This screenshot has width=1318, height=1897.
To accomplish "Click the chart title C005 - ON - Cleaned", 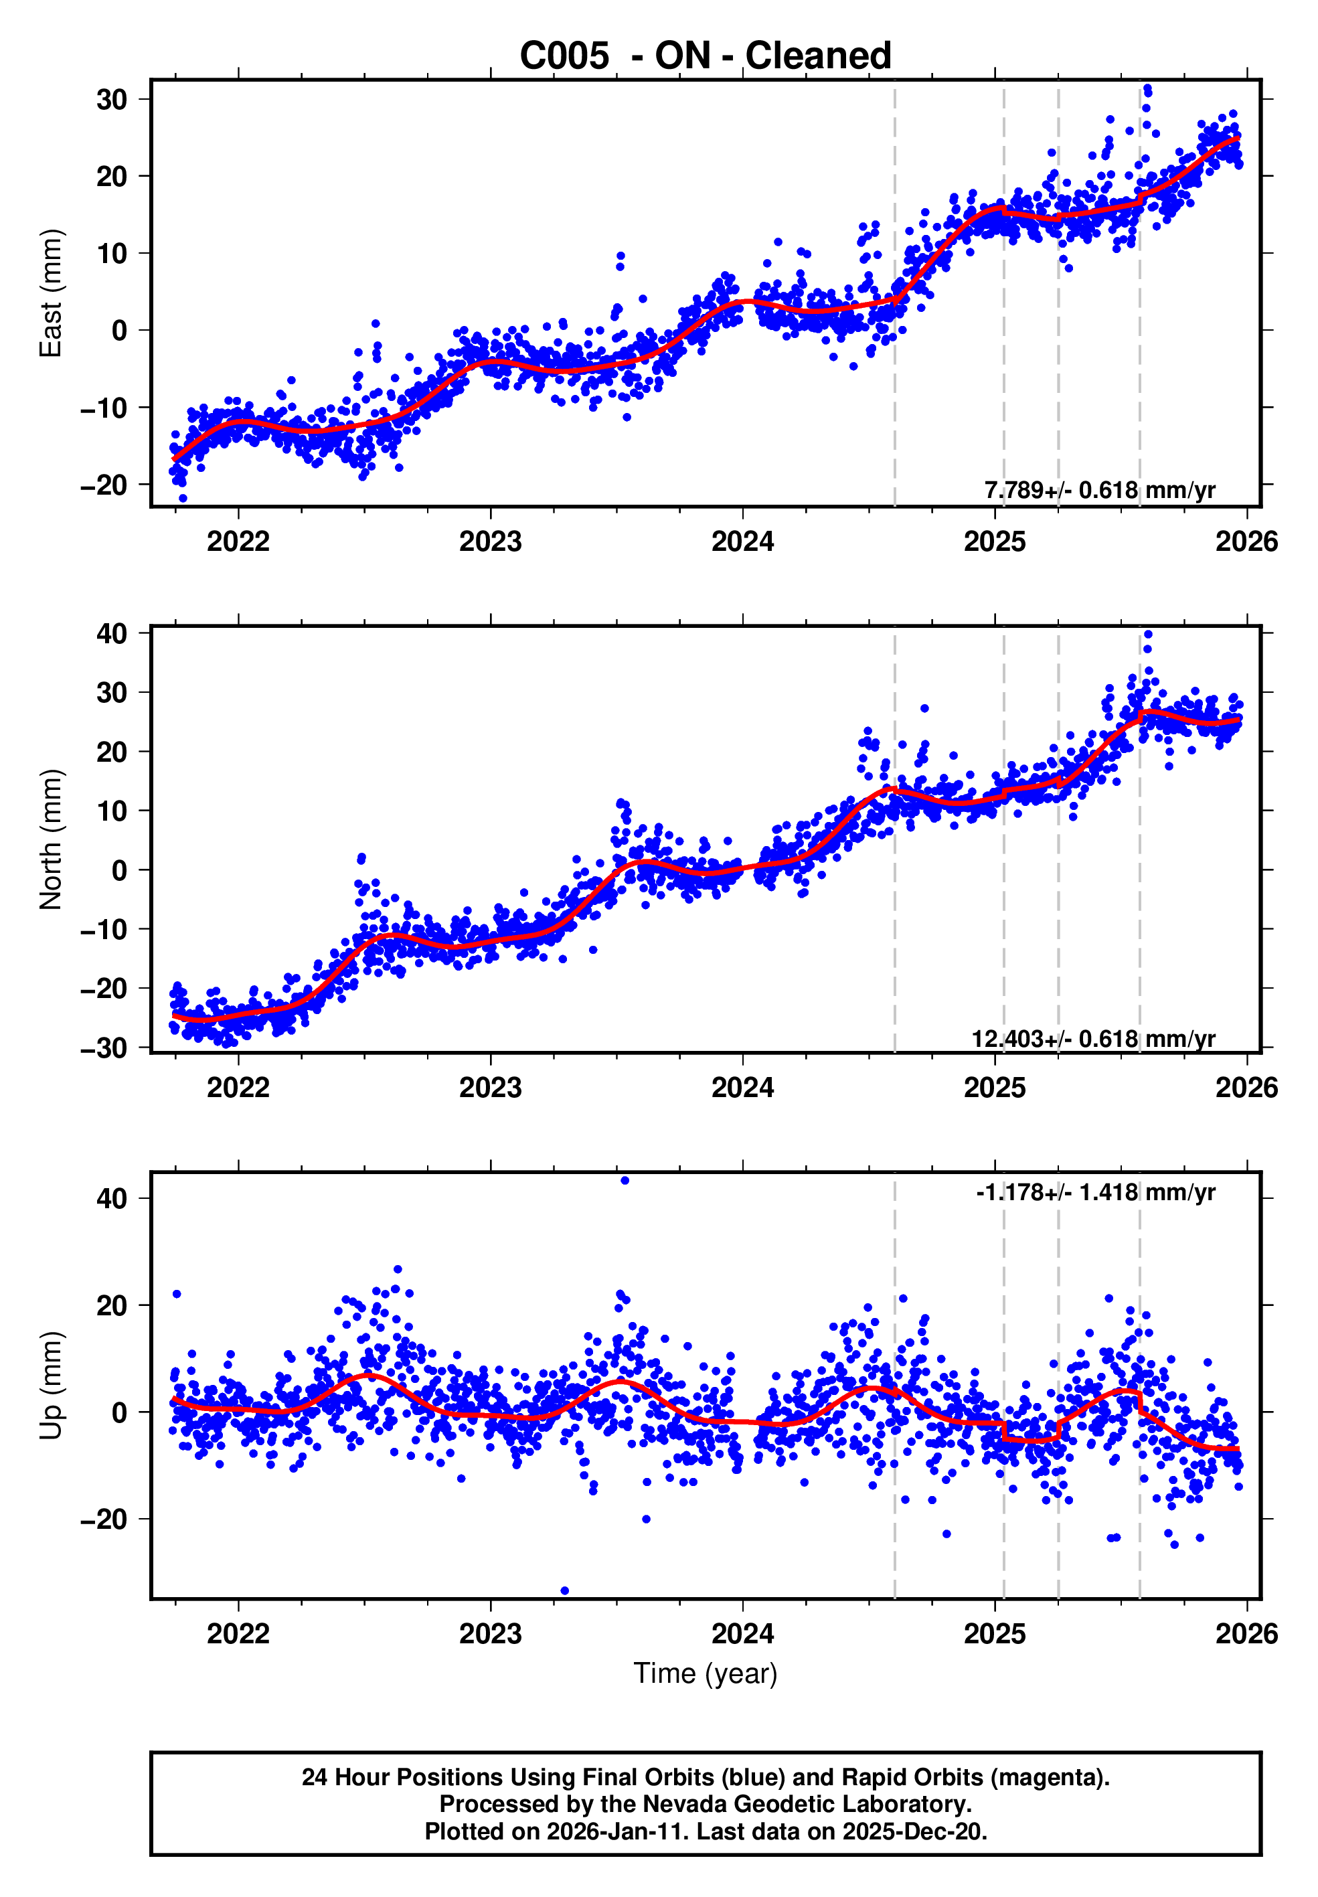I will pyautogui.click(x=706, y=56).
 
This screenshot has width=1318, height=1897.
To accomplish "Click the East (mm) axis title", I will pyautogui.click(x=51, y=293).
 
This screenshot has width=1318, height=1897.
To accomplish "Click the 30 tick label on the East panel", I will pyautogui.click(x=112, y=100).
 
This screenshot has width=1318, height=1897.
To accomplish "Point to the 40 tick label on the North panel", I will pyautogui.click(x=112, y=635).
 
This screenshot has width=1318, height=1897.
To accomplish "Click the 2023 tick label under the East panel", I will pyautogui.click(x=491, y=542).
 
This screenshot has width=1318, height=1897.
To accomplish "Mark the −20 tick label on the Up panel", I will pyautogui.click(x=103, y=1519).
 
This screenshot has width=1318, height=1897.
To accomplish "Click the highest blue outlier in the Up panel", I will pyautogui.click(x=625, y=1181).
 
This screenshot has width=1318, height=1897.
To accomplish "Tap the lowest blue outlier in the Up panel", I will pyautogui.click(x=565, y=1590).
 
